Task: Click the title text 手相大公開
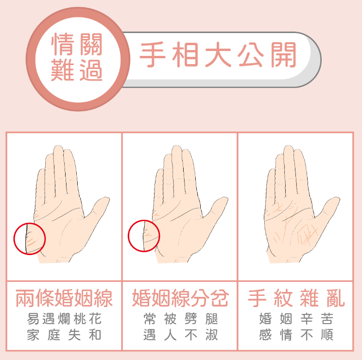click(218, 55)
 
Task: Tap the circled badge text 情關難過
click(77, 57)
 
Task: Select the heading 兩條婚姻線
click(64, 298)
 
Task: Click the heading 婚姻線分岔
click(180, 298)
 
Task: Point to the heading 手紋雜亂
click(296, 298)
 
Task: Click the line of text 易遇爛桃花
click(64, 319)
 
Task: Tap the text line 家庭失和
click(64, 335)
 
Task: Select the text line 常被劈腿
click(181, 319)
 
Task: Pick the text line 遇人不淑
click(181, 335)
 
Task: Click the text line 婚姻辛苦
click(296, 319)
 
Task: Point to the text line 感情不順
click(296, 335)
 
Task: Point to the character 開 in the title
click(283, 55)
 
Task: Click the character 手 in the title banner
click(153, 55)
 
